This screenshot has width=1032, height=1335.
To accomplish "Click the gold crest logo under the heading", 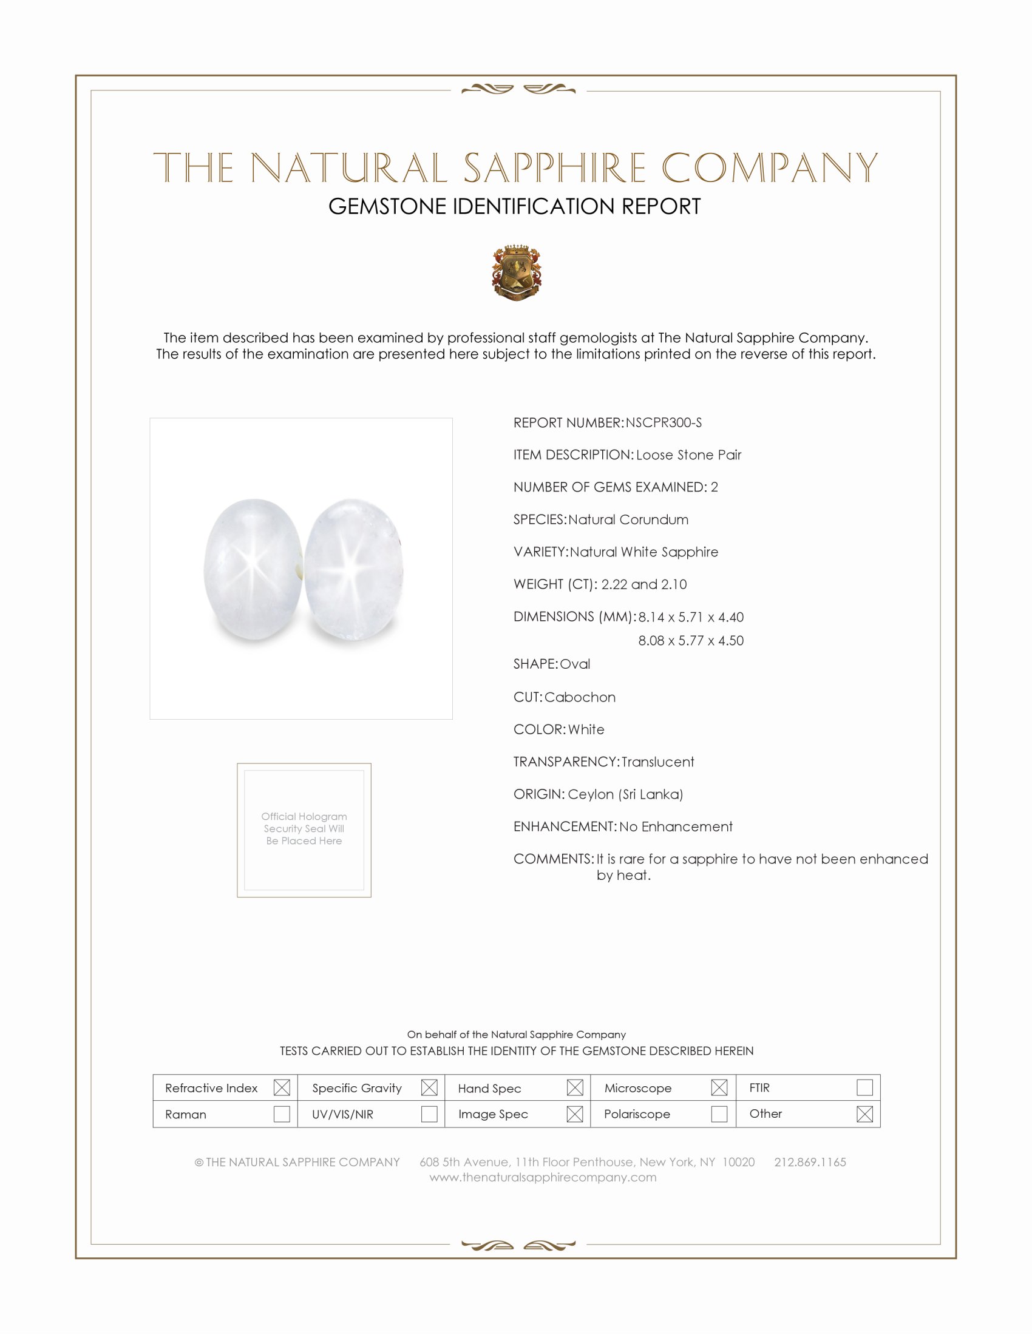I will point(516,272).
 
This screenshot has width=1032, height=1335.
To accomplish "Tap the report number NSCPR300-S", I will point(664,423).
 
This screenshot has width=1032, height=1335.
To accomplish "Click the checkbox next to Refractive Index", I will point(282,1087).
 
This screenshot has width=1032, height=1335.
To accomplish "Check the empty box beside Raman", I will point(282,1114).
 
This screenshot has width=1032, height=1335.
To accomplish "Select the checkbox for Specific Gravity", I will point(429,1087).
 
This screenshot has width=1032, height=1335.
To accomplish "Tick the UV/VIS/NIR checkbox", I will point(429,1114).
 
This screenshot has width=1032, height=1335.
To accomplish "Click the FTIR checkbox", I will point(864,1087).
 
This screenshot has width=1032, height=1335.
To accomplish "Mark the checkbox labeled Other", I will point(864,1114).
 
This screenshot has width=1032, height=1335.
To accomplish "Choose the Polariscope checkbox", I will point(719,1114).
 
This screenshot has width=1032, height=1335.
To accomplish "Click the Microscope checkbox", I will point(719,1087).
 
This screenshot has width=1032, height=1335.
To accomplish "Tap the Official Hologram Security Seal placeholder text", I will point(304,828).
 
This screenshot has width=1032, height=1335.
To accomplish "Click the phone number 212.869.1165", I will point(810,1162).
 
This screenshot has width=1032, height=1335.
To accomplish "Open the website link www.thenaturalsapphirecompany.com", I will point(543,1177).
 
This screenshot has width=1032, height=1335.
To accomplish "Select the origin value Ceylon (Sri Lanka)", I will point(625,794).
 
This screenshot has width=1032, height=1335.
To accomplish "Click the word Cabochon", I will point(580,697).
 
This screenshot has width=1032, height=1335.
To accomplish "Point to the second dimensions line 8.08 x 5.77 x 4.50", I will point(691,641).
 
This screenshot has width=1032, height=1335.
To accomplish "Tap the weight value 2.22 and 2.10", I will point(643,584).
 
